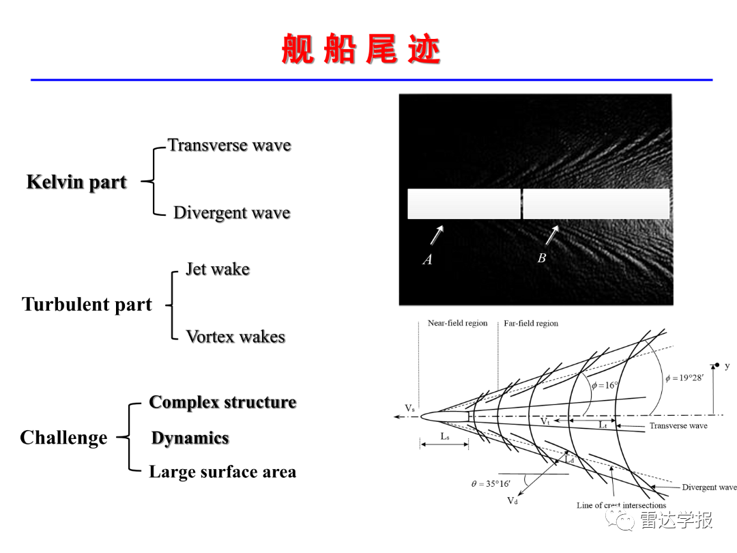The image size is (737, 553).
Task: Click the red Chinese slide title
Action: click(360, 49)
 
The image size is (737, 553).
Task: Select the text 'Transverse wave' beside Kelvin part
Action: click(229, 145)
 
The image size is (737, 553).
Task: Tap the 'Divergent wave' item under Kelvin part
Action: click(232, 212)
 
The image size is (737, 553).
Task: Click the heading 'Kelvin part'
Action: click(76, 182)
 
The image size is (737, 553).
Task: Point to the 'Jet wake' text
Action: click(218, 269)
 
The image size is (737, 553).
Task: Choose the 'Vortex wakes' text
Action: click(235, 337)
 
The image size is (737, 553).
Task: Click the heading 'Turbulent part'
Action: click(87, 304)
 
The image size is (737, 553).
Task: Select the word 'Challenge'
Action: click(63, 438)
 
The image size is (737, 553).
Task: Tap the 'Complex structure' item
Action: click(222, 403)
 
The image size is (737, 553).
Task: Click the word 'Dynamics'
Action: click(190, 438)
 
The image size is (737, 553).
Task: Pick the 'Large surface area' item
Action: click(222, 472)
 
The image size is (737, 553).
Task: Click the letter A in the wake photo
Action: click(427, 259)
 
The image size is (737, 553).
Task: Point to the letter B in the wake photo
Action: click(541, 258)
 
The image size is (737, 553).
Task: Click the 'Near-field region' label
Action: click(457, 323)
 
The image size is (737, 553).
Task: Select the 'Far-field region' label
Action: click(531, 324)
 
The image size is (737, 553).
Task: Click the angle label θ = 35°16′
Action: click(491, 483)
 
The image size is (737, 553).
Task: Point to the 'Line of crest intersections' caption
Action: click(622, 505)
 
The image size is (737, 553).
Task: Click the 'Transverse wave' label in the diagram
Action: click(678, 425)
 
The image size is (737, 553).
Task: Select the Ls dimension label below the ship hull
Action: click(445, 436)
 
